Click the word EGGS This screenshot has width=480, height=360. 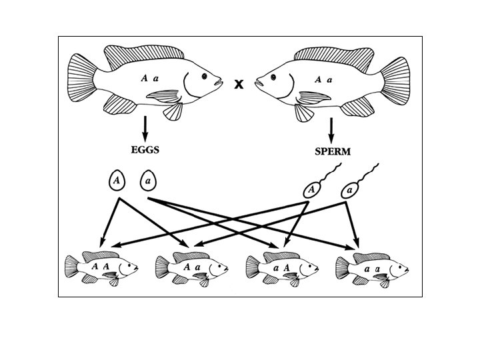(145, 149)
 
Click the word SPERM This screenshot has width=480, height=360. (332, 151)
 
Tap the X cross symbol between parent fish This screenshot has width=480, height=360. (238, 84)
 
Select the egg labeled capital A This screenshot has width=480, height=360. (117, 180)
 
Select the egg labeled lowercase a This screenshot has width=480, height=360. (148, 180)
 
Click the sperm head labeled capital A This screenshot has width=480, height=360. (311, 191)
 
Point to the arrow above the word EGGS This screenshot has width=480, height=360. (145, 128)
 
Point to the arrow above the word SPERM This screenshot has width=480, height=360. (331, 129)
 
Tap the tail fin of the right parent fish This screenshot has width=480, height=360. (395, 79)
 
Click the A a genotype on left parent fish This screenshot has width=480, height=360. (149, 78)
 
